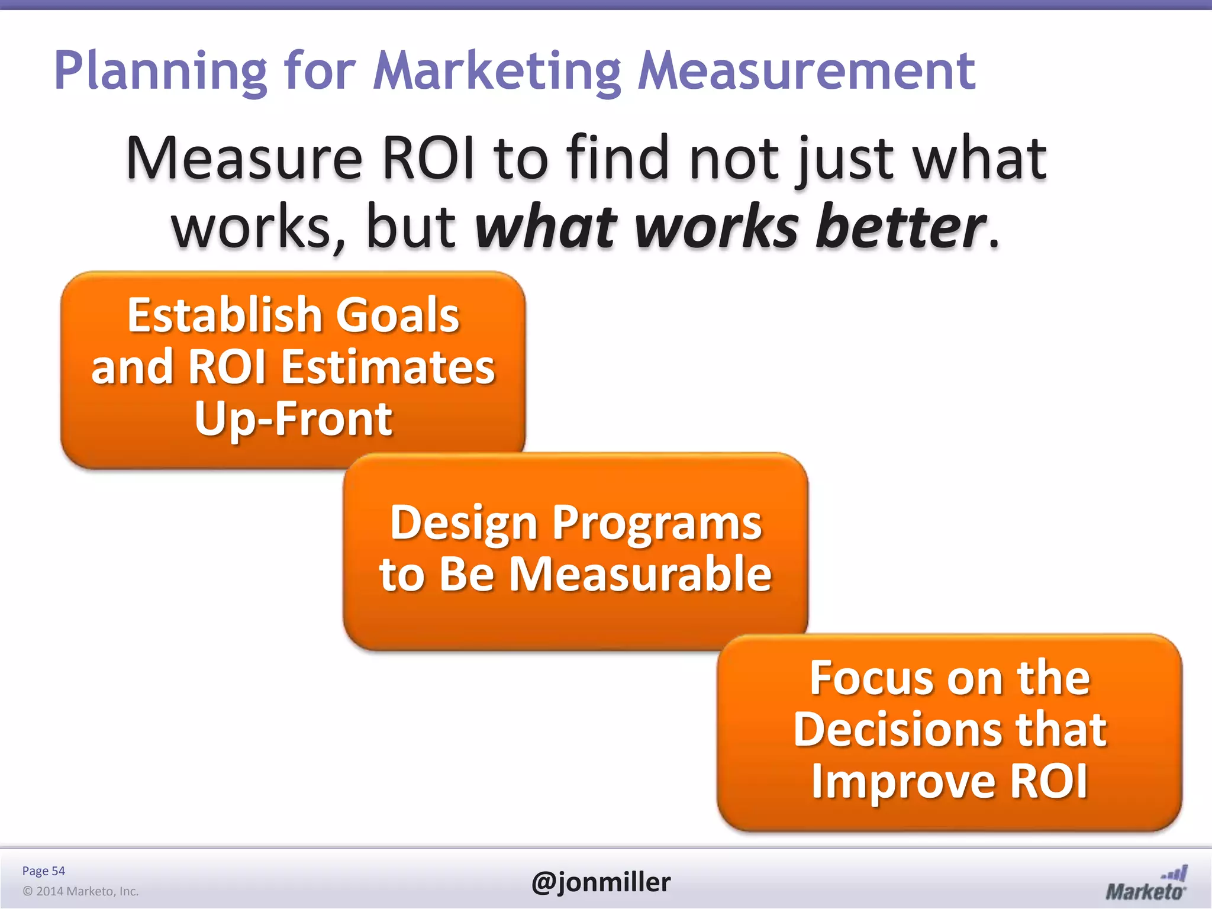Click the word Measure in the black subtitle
pyautogui.click(x=244, y=159)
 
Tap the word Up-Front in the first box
pyautogui.click(x=293, y=419)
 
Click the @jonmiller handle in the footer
pyautogui.click(x=601, y=882)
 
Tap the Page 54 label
pyautogui.click(x=43, y=871)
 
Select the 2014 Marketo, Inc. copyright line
pyautogui.click(x=80, y=891)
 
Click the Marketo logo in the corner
pyautogui.click(x=1146, y=884)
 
